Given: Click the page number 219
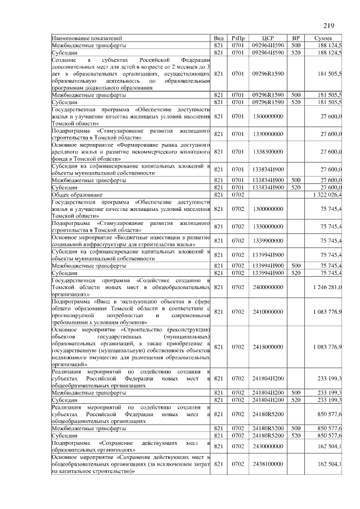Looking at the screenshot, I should pyautogui.click(x=329, y=25).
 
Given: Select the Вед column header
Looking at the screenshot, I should pyautogui.click(x=219, y=38).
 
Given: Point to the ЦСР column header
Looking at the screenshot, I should pyautogui.click(x=268, y=38).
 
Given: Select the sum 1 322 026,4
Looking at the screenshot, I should pyautogui.click(x=327, y=194).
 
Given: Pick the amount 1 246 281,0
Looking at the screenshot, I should pyautogui.click(x=327, y=287).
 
